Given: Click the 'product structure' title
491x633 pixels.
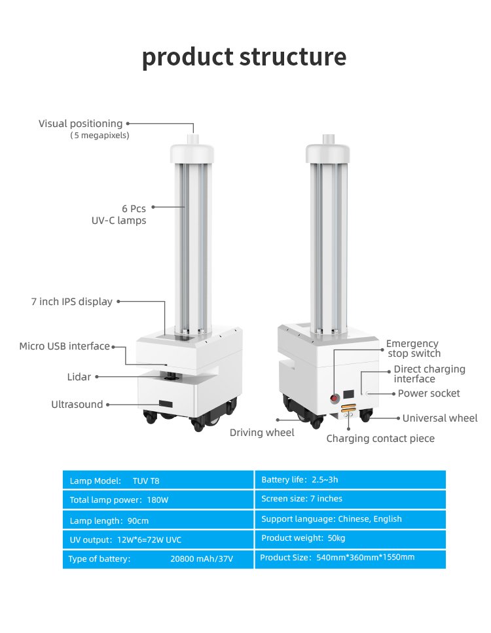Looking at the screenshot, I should [x=244, y=58].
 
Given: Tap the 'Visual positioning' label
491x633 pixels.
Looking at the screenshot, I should [x=81, y=124].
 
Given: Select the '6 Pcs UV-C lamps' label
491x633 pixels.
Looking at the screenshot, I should [x=118, y=215].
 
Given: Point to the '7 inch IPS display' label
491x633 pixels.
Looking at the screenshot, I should [x=71, y=302].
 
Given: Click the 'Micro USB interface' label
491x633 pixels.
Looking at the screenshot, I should [x=64, y=346].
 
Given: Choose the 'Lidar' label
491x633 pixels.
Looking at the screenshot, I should [x=79, y=377].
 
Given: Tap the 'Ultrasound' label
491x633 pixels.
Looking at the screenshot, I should [x=77, y=405].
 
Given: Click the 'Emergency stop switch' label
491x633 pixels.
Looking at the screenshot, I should [x=414, y=348].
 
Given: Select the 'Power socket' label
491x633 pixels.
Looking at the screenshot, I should [x=429, y=393].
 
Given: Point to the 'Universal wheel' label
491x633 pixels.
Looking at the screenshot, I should [x=440, y=418].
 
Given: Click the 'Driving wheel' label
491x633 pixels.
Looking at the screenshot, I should [x=262, y=433].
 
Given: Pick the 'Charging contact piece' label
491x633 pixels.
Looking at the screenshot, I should [x=380, y=439].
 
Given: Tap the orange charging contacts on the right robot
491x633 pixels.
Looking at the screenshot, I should [x=347, y=410].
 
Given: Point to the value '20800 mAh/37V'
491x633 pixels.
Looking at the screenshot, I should [x=202, y=559].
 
